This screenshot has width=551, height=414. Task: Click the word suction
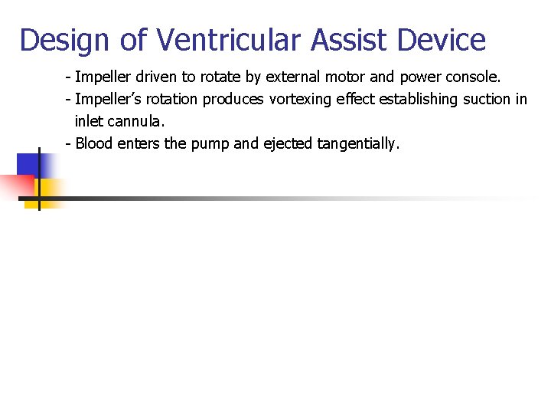point(481,100)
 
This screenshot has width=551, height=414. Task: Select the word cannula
point(138,121)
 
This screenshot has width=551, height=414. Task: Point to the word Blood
point(96,143)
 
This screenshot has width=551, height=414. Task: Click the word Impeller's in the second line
point(106,100)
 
